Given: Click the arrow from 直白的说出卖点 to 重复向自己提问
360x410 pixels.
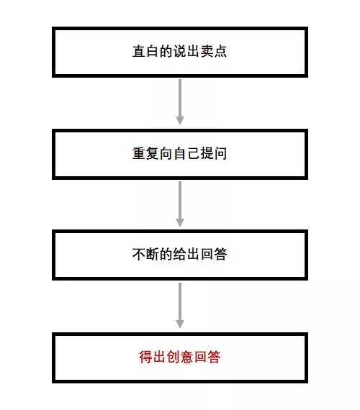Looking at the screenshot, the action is pyautogui.click(x=180, y=102).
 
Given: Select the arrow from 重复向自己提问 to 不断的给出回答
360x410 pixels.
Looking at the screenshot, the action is pyautogui.click(x=180, y=204).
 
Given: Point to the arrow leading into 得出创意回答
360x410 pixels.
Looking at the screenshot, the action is pyautogui.click(x=180, y=306).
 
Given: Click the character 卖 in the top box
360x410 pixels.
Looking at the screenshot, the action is pyautogui.click(x=207, y=51).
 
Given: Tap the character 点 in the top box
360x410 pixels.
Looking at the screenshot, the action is pyautogui.click(x=220, y=51).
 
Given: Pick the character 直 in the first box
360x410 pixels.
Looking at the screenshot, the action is pyautogui.click(x=139, y=51).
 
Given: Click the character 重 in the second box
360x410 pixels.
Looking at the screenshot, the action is pyautogui.click(x=139, y=153).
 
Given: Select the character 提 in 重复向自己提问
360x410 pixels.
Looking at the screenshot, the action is pyautogui.click(x=207, y=153).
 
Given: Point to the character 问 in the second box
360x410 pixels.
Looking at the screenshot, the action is pyautogui.click(x=220, y=153).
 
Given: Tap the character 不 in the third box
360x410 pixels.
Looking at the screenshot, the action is pyautogui.click(x=139, y=254).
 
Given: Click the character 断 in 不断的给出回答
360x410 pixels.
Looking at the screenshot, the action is pyautogui.click(x=153, y=254).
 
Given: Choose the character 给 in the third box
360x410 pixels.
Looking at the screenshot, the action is pyautogui.click(x=179, y=254).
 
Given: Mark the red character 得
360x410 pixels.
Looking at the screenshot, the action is pyautogui.click(x=145, y=357).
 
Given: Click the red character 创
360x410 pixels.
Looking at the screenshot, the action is pyautogui.click(x=173, y=357).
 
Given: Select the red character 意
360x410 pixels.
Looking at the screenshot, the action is pyautogui.click(x=186, y=357).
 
